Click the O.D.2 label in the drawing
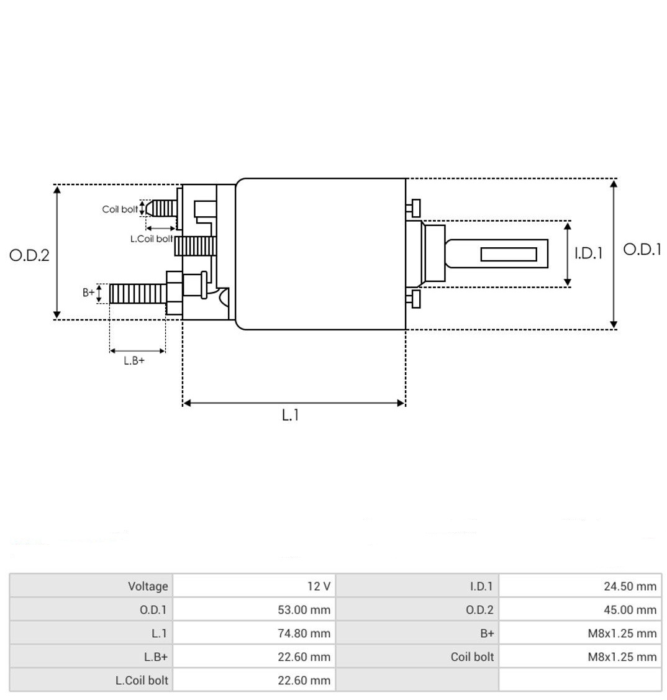[x=29, y=255]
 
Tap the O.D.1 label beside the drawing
[x=642, y=249]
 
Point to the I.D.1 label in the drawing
[x=588, y=253]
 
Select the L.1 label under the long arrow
[x=290, y=415]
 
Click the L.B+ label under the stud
[x=134, y=360]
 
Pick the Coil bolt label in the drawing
[x=120, y=209]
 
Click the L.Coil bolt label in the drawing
[x=152, y=239]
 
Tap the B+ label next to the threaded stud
[x=89, y=293]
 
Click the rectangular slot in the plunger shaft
[x=509, y=254]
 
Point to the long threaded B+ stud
[x=138, y=294]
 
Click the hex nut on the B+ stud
[x=174, y=293]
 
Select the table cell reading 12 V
[x=319, y=586]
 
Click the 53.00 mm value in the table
[x=304, y=610]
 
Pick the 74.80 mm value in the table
[x=304, y=633]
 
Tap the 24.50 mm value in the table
[x=630, y=586]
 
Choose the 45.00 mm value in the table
[x=630, y=610]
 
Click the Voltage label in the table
[x=148, y=586]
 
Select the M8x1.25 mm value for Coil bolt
[x=622, y=657]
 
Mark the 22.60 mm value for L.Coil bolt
[x=304, y=680]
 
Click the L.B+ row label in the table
[x=155, y=657]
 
